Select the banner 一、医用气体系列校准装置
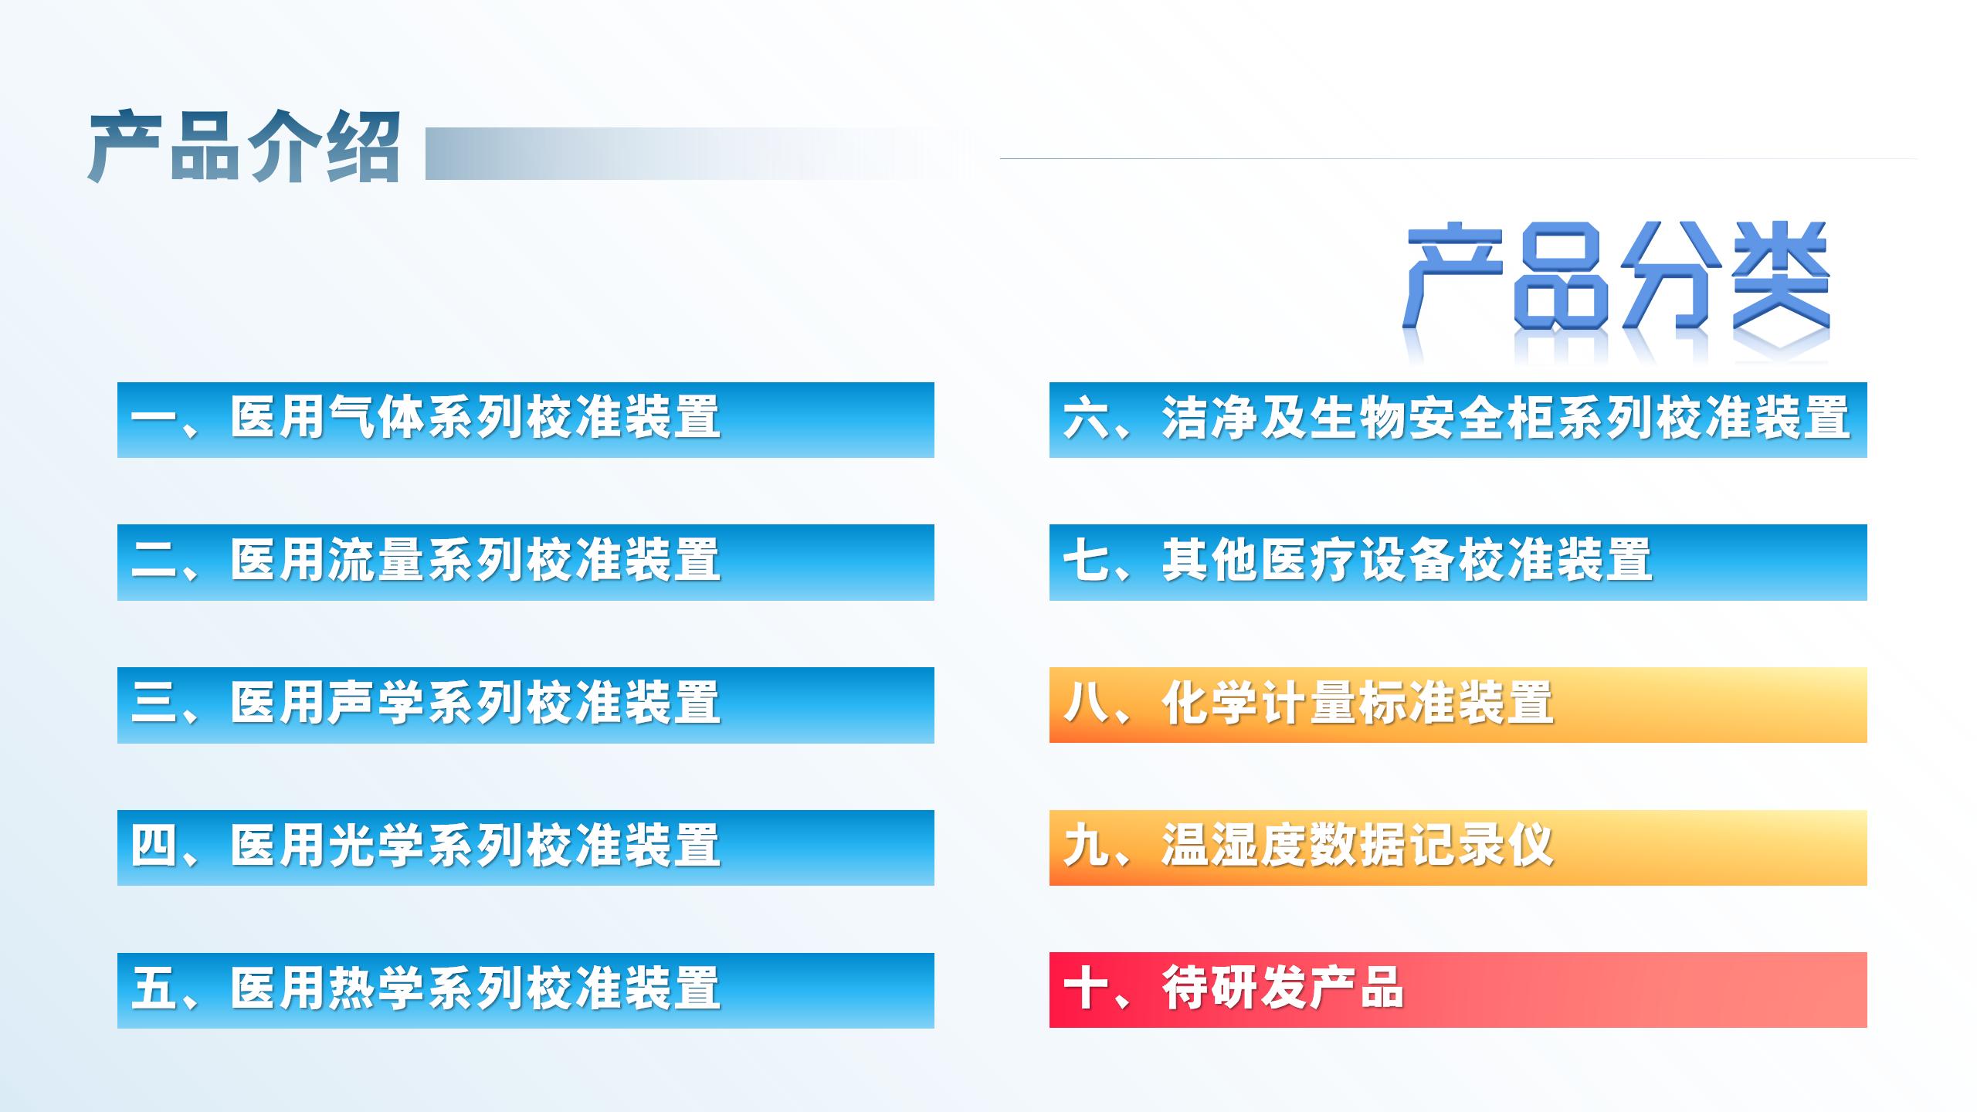click(x=526, y=420)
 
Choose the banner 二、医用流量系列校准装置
click(x=526, y=562)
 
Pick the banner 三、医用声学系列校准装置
click(x=526, y=705)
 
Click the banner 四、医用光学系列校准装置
click(x=526, y=848)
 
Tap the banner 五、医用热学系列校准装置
click(x=526, y=991)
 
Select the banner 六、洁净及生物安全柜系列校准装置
click(x=1458, y=420)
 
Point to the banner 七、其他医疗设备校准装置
click(x=1458, y=562)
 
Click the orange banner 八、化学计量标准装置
click(x=1458, y=705)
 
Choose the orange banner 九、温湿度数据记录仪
click(x=1458, y=848)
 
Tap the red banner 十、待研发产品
click(x=1458, y=991)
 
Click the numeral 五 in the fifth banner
click(x=154, y=988)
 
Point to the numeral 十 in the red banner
click(x=1087, y=988)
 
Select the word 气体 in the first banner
click(x=376, y=417)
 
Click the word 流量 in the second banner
click(x=376, y=560)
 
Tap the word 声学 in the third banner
click(x=376, y=703)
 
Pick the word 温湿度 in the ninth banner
click(x=1234, y=846)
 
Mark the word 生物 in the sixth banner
click(x=1358, y=417)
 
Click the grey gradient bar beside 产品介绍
click(x=695, y=154)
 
